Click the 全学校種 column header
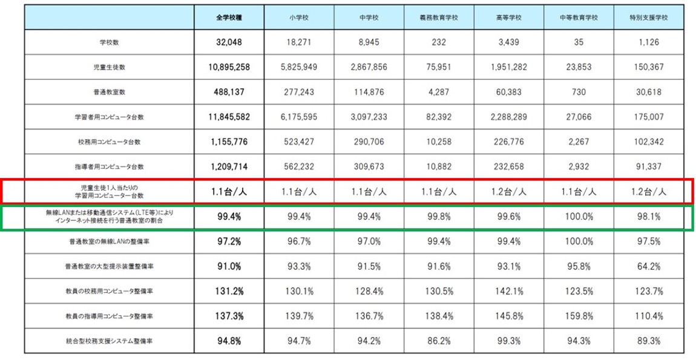[x=229, y=18]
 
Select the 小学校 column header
[x=300, y=18]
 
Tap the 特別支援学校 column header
[x=648, y=18]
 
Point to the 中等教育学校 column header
[x=579, y=18]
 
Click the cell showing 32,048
[x=229, y=43]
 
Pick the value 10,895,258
[x=229, y=68]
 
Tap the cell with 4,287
[x=439, y=93]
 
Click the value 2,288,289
[x=508, y=117]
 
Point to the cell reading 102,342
[x=648, y=142]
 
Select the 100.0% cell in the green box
[x=579, y=217]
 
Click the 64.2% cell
[x=648, y=266]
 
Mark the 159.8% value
[x=579, y=316]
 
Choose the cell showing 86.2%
[x=439, y=341]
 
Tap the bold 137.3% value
[x=229, y=316]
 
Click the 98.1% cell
[x=648, y=217]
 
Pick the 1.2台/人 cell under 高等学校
[x=508, y=192]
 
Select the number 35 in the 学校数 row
[x=579, y=43]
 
